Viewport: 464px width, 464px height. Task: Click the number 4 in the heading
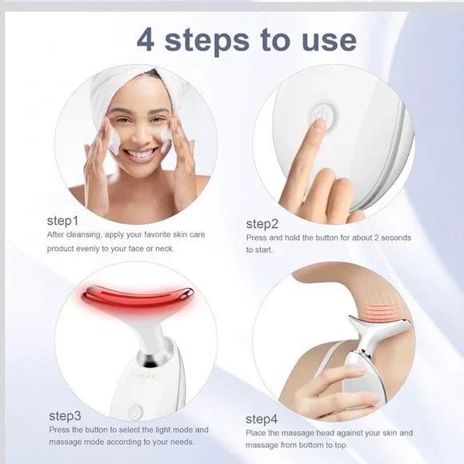click(x=145, y=39)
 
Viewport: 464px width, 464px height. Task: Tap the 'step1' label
click(x=63, y=220)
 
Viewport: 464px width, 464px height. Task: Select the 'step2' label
click(x=262, y=223)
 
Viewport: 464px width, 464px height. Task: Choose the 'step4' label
click(x=262, y=418)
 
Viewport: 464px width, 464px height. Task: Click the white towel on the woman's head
click(x=128, y=88)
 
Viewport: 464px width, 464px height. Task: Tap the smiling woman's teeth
click(x=141, y=152)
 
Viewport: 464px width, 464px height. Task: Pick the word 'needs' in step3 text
click(x=179, y=442)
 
